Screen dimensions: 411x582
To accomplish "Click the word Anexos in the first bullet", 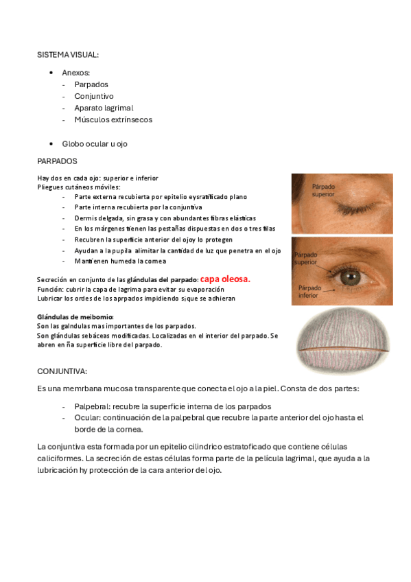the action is pos(75,71).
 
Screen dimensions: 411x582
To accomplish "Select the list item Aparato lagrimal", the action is pos(104,108).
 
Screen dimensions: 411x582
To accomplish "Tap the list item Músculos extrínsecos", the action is pos(113,119).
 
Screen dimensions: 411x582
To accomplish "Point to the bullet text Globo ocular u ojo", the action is pos(95,143).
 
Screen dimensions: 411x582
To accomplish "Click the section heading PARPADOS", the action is pos(57,161).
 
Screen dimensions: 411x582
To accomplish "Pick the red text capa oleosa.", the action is pos(225,279).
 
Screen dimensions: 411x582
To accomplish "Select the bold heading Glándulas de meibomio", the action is pos(75,316).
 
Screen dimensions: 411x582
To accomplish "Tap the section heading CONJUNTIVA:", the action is pos(62,371).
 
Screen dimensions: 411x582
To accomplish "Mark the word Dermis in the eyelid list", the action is pos(86,218).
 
